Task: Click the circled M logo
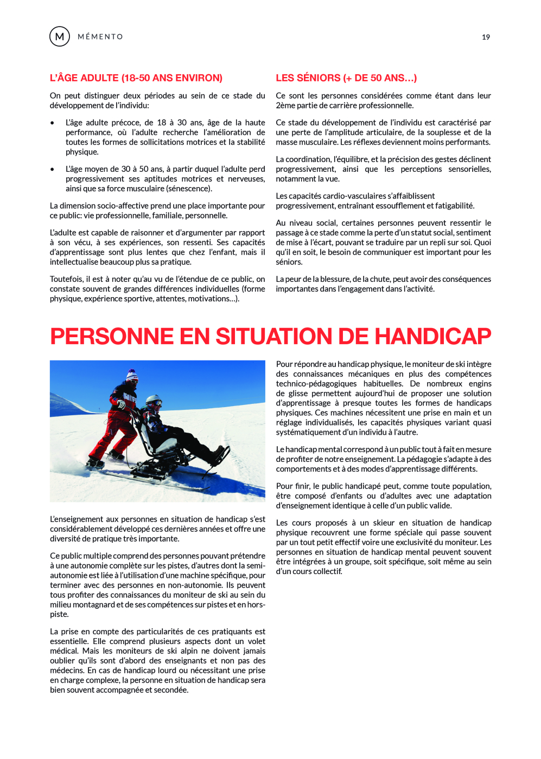point(60,36)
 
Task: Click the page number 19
point(486,37)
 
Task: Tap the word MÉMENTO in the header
point(100,37)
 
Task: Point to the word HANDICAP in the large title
point(432,337)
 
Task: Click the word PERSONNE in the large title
point(112,337)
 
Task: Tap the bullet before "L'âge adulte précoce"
point(53,123)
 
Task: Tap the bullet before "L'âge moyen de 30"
point(53,170)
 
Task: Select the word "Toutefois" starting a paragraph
point(66,279)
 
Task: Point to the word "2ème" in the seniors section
point(284,106)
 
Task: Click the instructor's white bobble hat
point(132,375)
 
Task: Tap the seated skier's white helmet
point(154,402)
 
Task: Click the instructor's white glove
point(122,404)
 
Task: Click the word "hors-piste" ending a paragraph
point(253,605)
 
